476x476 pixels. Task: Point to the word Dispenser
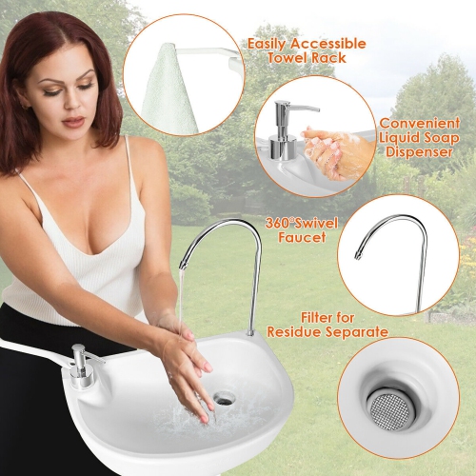tap(425, 154)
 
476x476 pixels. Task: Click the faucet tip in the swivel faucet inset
tap(358, 255)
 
